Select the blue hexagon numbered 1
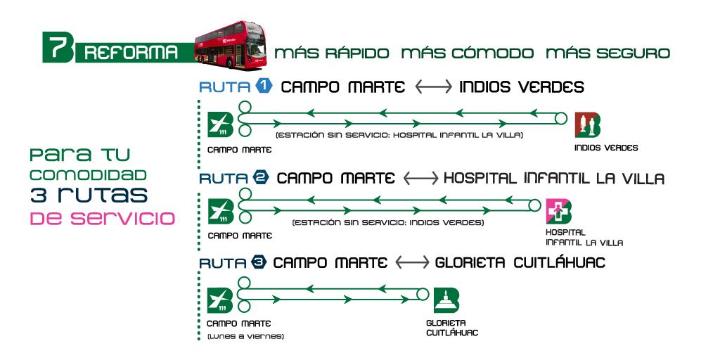tap(263, 86)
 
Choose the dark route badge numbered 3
tap(259, 262)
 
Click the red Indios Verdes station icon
tap(587, 124)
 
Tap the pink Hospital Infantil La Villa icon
tap(559, 212)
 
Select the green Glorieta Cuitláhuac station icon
tap(446, 300)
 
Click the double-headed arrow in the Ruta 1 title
tap(432, 87)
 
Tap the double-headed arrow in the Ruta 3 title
tap(412, 262)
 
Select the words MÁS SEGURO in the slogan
tap(607, 53)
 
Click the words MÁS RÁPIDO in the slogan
tap(331, 53)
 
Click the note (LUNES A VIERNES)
tap(245, 337)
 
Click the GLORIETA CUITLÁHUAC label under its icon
tap(452, 328)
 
